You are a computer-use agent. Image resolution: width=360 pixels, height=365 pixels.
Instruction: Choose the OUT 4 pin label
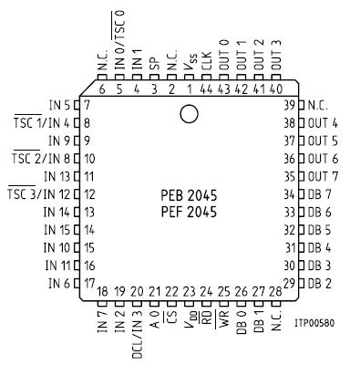point(323,122)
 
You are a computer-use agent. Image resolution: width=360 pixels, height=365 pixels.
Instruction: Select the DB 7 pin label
point(320,194)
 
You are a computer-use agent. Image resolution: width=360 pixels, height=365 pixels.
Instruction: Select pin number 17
point(89,283)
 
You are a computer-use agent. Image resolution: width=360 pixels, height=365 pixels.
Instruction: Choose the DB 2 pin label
point(320,283)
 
